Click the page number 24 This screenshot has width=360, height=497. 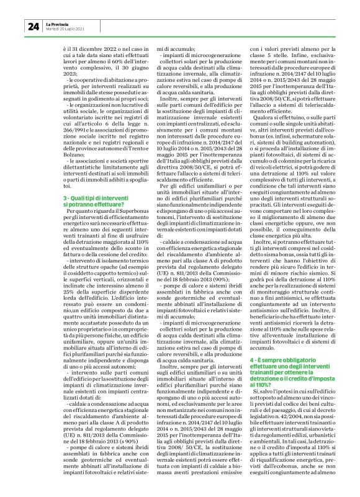pos(32,25)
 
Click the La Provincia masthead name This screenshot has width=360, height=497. pos(58,23)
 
